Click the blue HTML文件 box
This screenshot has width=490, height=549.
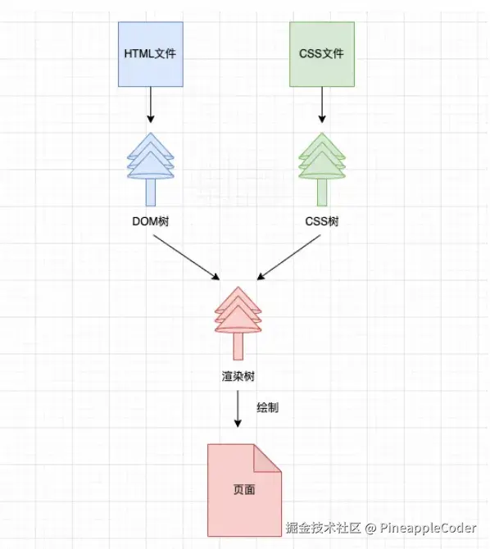pyautogui.click(x=151, y=54)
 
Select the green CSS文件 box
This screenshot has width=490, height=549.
pyautogui.click(x=322, y=54)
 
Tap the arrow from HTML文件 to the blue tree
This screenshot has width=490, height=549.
pyautogui.click(x=151, y=105)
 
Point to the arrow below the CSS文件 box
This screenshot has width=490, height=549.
pyautogui.click(x=322, y=105)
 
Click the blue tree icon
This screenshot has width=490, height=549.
pyautogui.click(x=151, y=169)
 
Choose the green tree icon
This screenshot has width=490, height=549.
pyautogui.click(x=322, y=169)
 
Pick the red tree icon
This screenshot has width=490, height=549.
pyautogui.click(x=238, y=323)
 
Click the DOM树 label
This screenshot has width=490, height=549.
pyautogui.click(x=151, y=221)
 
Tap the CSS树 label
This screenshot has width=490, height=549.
pyautogui.click(x=322, y=221)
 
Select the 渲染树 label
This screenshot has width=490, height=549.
pyautogui.click(x=238, y=376)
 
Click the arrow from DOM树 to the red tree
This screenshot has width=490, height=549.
pyautogui.click(x=186, y=257)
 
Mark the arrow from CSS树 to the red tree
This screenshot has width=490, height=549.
pyautogui.click(x=288, y=257)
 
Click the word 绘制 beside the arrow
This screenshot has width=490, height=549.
pyautogui.click(x=268, y=407)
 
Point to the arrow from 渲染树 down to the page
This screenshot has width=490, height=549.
pyautogui.click(x=238, y=409)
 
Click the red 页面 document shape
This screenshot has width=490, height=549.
pyautogui.click(x=244, y=490)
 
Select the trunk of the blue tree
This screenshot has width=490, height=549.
pyautogui.click(x=151, y=193)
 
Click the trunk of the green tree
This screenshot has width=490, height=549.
pyautogui.click(x=322, y=193)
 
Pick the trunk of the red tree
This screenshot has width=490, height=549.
pyautogui.click(x=238, y=346)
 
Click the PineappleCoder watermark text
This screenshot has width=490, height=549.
pyautogui.click(x=428, y=529)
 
